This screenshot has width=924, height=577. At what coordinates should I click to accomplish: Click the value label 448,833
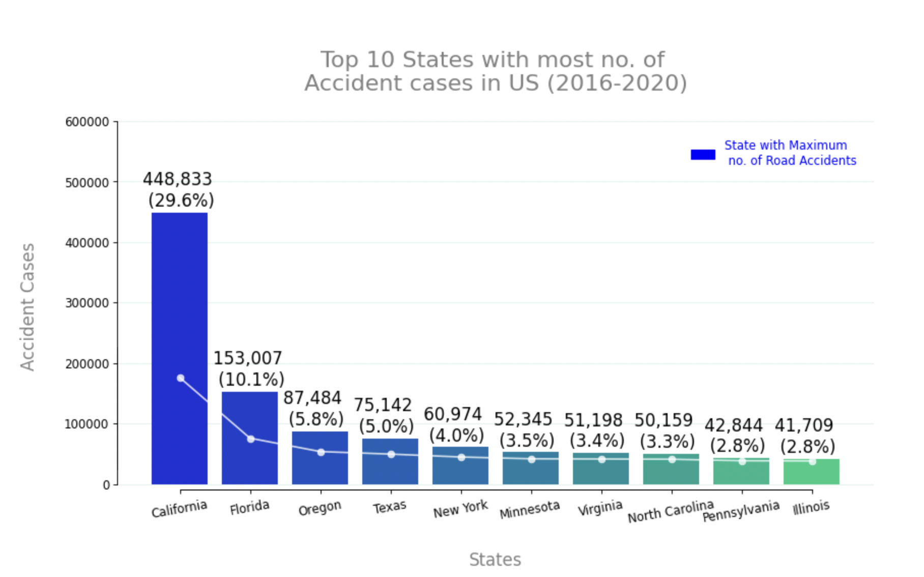pos(178,179)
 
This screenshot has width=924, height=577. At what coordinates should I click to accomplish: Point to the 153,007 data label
pos(247,358)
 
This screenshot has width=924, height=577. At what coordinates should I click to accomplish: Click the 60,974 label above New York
pos(452,414)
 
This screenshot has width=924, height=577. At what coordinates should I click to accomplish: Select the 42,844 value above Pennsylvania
pos(733,425)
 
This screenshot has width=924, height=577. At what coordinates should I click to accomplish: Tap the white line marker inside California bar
pos(181,378)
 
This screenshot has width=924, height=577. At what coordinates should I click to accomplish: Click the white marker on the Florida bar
pos(250,439)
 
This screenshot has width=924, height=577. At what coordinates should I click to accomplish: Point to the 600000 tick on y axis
pos(87,122)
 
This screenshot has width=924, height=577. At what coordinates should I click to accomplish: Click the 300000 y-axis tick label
pos(87,303)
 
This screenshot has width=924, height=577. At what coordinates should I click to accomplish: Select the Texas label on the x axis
pos(390,507)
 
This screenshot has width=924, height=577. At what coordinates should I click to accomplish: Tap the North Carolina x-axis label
pos(670,511)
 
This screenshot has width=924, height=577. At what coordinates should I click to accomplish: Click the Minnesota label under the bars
pos(530,509)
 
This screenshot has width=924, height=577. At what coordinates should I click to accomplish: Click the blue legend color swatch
pos(703,155)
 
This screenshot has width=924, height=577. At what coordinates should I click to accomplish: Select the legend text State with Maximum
pos(785,146)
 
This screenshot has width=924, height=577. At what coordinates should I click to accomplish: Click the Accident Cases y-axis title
pos(27,307)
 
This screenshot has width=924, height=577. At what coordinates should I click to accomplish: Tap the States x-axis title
pos(495,560)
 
